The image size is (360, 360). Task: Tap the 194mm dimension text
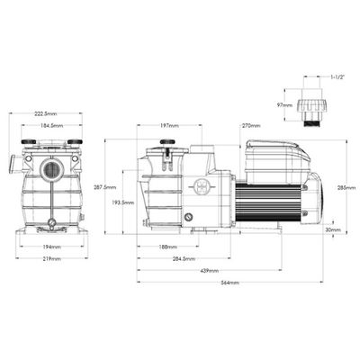point(50,247)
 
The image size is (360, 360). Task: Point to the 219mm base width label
point(50,258)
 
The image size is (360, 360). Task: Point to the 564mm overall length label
point(230,283)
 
